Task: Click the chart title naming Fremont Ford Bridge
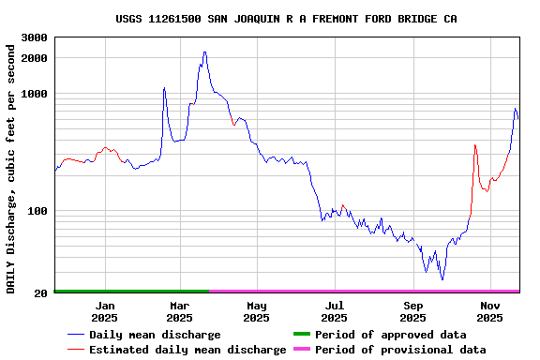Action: (286, 19)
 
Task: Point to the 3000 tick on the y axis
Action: (35, 37)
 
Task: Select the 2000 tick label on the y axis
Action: (35, 58)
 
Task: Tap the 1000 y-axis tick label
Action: (35, 94)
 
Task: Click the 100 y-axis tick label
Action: (38, 211)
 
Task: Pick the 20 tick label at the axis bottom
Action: (41, 293)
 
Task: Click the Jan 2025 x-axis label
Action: (105, 311)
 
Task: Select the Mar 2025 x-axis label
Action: (180, 311)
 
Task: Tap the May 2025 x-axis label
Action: (257, 311)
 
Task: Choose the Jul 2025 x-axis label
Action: (335, 311)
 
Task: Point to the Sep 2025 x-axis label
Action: (413, 311)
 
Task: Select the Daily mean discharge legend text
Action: (155, 335)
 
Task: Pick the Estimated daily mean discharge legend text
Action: (187, 350)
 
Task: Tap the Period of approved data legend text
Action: (390, 335)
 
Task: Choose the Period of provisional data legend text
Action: (400, 350)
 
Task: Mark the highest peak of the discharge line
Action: (204, 52)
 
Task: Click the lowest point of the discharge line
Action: (442, 279)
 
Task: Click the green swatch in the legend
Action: (301, 334)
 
